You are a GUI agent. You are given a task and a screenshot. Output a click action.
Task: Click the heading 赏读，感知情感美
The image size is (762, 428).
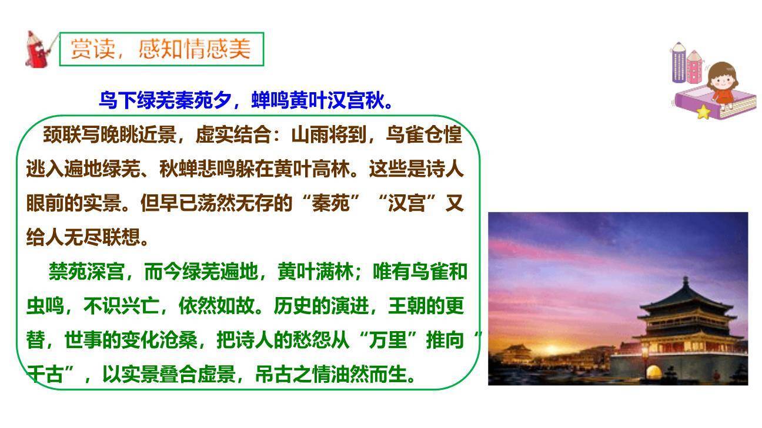click(161, 49)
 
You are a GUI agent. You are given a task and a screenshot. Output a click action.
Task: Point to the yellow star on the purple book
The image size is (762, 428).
click(703, 112)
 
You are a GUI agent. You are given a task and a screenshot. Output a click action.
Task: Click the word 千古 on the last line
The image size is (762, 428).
click(45, 374)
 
